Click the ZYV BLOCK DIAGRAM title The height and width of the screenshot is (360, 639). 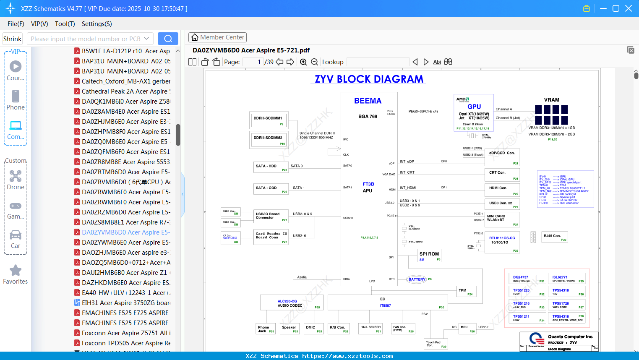click(x=369, y=79)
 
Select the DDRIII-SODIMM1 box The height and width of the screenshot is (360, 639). click(x=269, y=119)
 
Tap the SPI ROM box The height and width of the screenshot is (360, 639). click(x=429, y=256)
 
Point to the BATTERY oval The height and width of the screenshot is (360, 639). click(x=417, y=279)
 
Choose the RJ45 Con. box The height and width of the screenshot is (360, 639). click(x=555, y=237)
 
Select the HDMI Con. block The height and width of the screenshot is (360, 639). click(x=502, y=190)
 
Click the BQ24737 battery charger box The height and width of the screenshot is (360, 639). click(x=527, y=279)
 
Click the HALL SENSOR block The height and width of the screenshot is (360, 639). click(x=370, y=329)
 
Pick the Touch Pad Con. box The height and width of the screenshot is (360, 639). click(x=436, y=344)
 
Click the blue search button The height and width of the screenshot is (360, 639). click(x=168, y=39)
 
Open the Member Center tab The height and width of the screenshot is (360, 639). click(x=217, y=37)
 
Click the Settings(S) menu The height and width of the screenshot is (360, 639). click(x=97, y=24)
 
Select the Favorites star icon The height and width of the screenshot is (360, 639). click(x=16, y=271)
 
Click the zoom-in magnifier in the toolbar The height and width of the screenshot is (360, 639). click(x=303, y=62)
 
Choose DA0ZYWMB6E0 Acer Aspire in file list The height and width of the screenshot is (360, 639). click(x=126, y=243)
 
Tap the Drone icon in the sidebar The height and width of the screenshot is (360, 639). click(x=16, y=176)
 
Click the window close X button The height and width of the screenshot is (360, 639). click(x=629, y=8)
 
